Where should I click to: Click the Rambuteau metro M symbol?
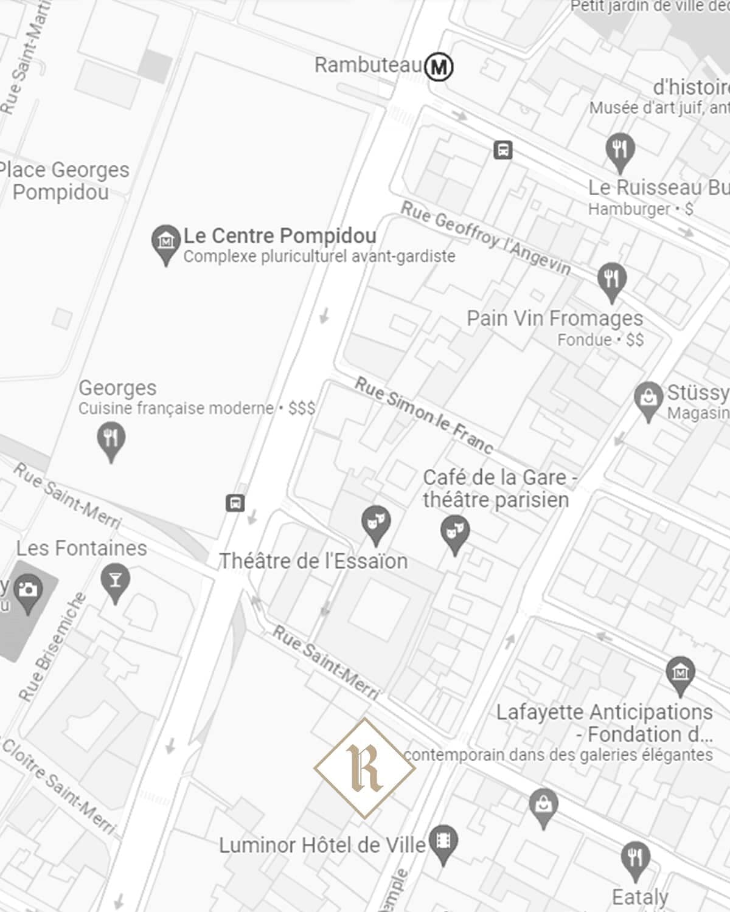439,66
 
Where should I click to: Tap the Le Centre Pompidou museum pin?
165,243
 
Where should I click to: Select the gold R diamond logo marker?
365,768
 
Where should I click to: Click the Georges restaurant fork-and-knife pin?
111,440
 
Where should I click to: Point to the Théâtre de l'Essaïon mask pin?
376,523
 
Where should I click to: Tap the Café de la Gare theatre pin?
454,533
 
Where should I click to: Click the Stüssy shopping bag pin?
648,399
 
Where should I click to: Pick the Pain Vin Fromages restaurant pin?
611,280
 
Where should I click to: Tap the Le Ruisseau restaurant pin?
620,150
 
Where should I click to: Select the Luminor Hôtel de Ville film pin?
443,842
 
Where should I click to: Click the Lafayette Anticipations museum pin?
680,674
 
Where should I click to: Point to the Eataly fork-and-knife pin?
635,859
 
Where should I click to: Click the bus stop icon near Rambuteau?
502,150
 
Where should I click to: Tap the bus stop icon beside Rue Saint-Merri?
235,503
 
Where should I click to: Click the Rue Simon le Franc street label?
424,415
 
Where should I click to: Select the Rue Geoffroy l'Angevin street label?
485,237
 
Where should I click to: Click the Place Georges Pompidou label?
64,181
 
